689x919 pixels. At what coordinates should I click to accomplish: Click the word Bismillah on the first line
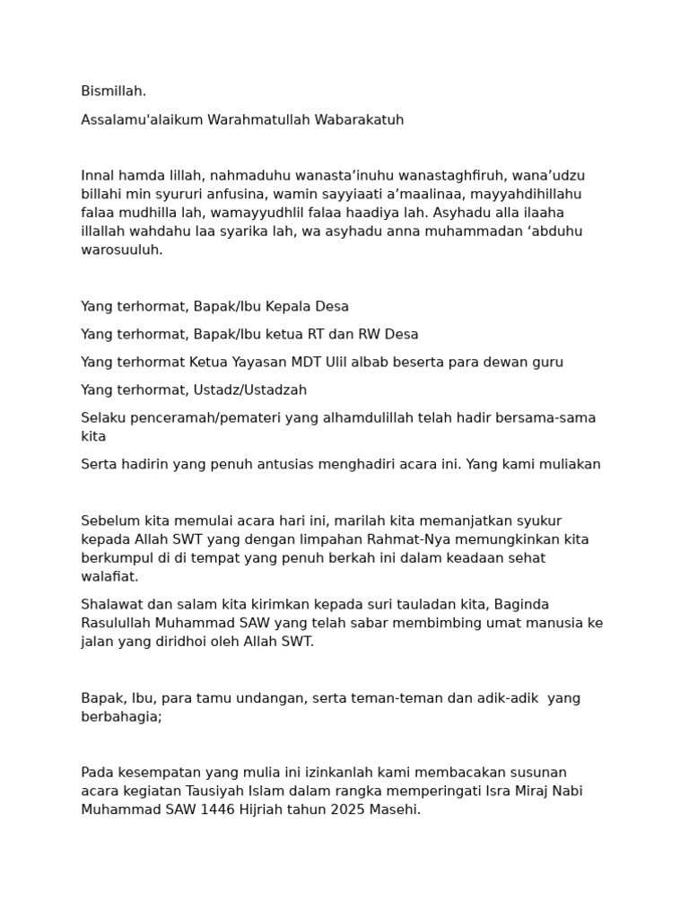tap(113, 92)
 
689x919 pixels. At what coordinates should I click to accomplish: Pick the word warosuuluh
tap(122, 250)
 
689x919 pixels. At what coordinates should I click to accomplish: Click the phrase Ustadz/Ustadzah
tap(249, 390)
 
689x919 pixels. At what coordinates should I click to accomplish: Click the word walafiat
tap(109, 577)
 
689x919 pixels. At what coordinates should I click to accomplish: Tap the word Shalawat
tap(111, 605)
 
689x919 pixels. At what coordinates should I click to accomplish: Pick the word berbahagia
tap(121, 717)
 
